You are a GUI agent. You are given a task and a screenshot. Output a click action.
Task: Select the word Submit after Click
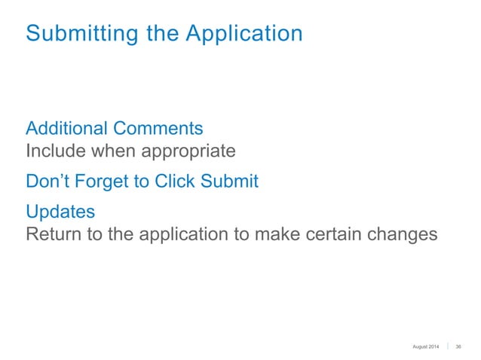(231, 182)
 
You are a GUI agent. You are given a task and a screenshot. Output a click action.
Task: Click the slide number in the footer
(459, 346)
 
